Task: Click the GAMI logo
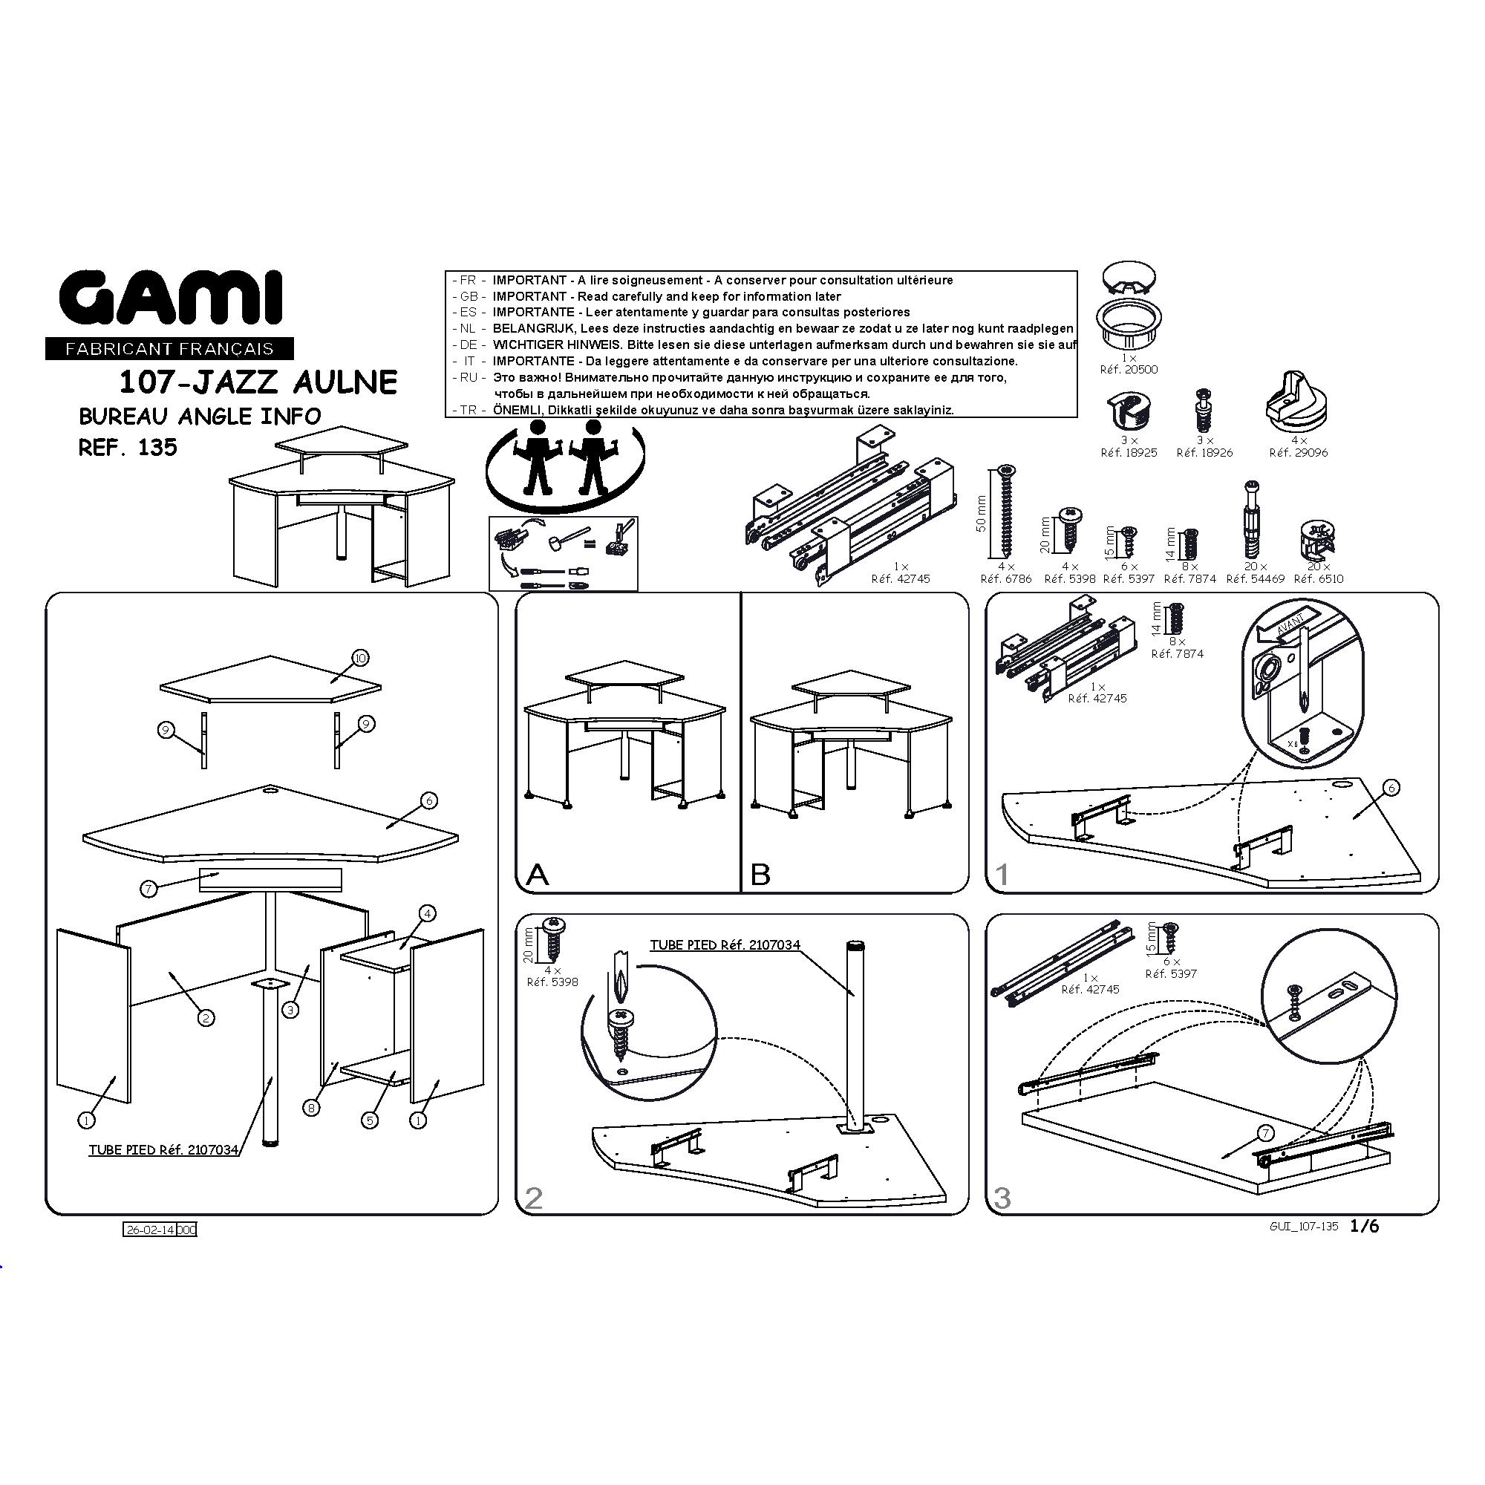[172, 298]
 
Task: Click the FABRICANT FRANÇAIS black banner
[170, 349]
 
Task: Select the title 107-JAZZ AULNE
[258, 382]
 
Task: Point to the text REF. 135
[128, 447]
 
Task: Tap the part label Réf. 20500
[1129, 370]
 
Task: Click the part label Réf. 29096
[1298, 453]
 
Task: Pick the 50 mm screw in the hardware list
[1005, 511]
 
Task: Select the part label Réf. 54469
[1255, 579]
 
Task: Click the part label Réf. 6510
[1319, 579]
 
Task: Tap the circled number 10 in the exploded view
[359, 657]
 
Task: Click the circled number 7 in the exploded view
[149, 889]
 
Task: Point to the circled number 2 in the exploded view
[206, 1019]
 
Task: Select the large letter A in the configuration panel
[538, 875]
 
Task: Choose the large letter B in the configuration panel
[760, 875]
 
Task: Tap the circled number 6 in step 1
[1391, 787]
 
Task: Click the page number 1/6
[1364, 1227]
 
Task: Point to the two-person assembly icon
[565, 461]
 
